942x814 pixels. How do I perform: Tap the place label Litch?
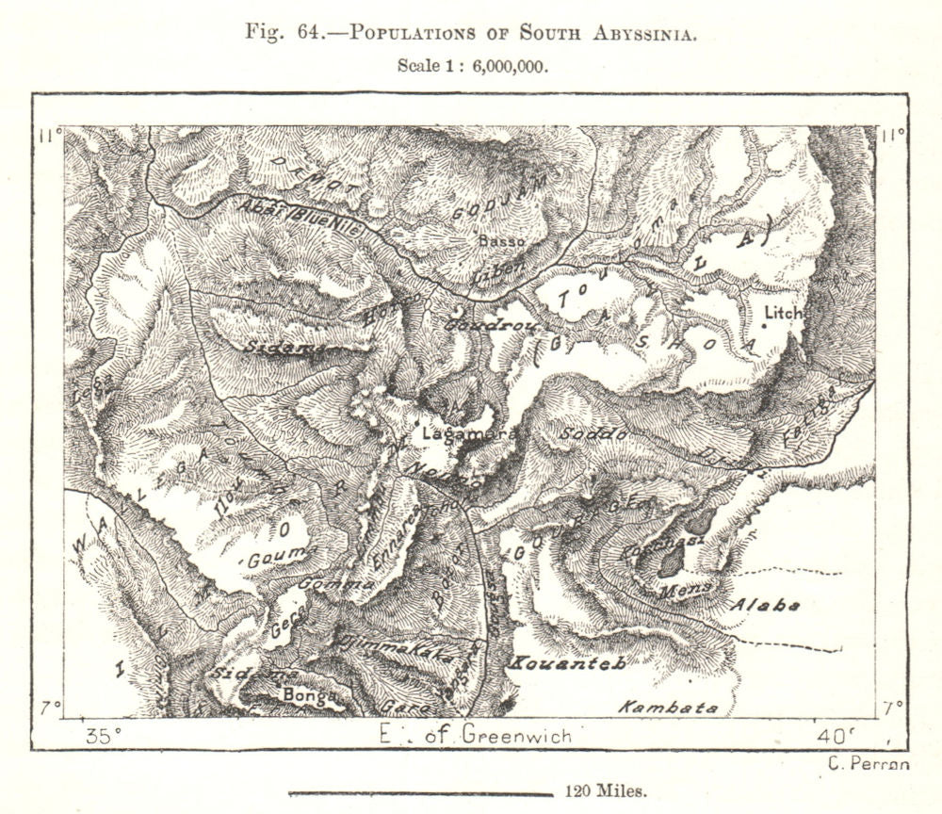click(x=784, y=312)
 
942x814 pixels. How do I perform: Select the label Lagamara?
click(x=456, y=434)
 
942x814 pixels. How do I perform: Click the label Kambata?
click(x=668, y=707)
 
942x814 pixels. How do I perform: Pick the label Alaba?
click(x=767, y=606)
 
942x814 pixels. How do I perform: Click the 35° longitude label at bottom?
click(x=103, y=736)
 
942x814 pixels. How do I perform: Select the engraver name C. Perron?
click(x=869, y=764)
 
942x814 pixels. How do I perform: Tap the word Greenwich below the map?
click(x=516, y=736)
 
